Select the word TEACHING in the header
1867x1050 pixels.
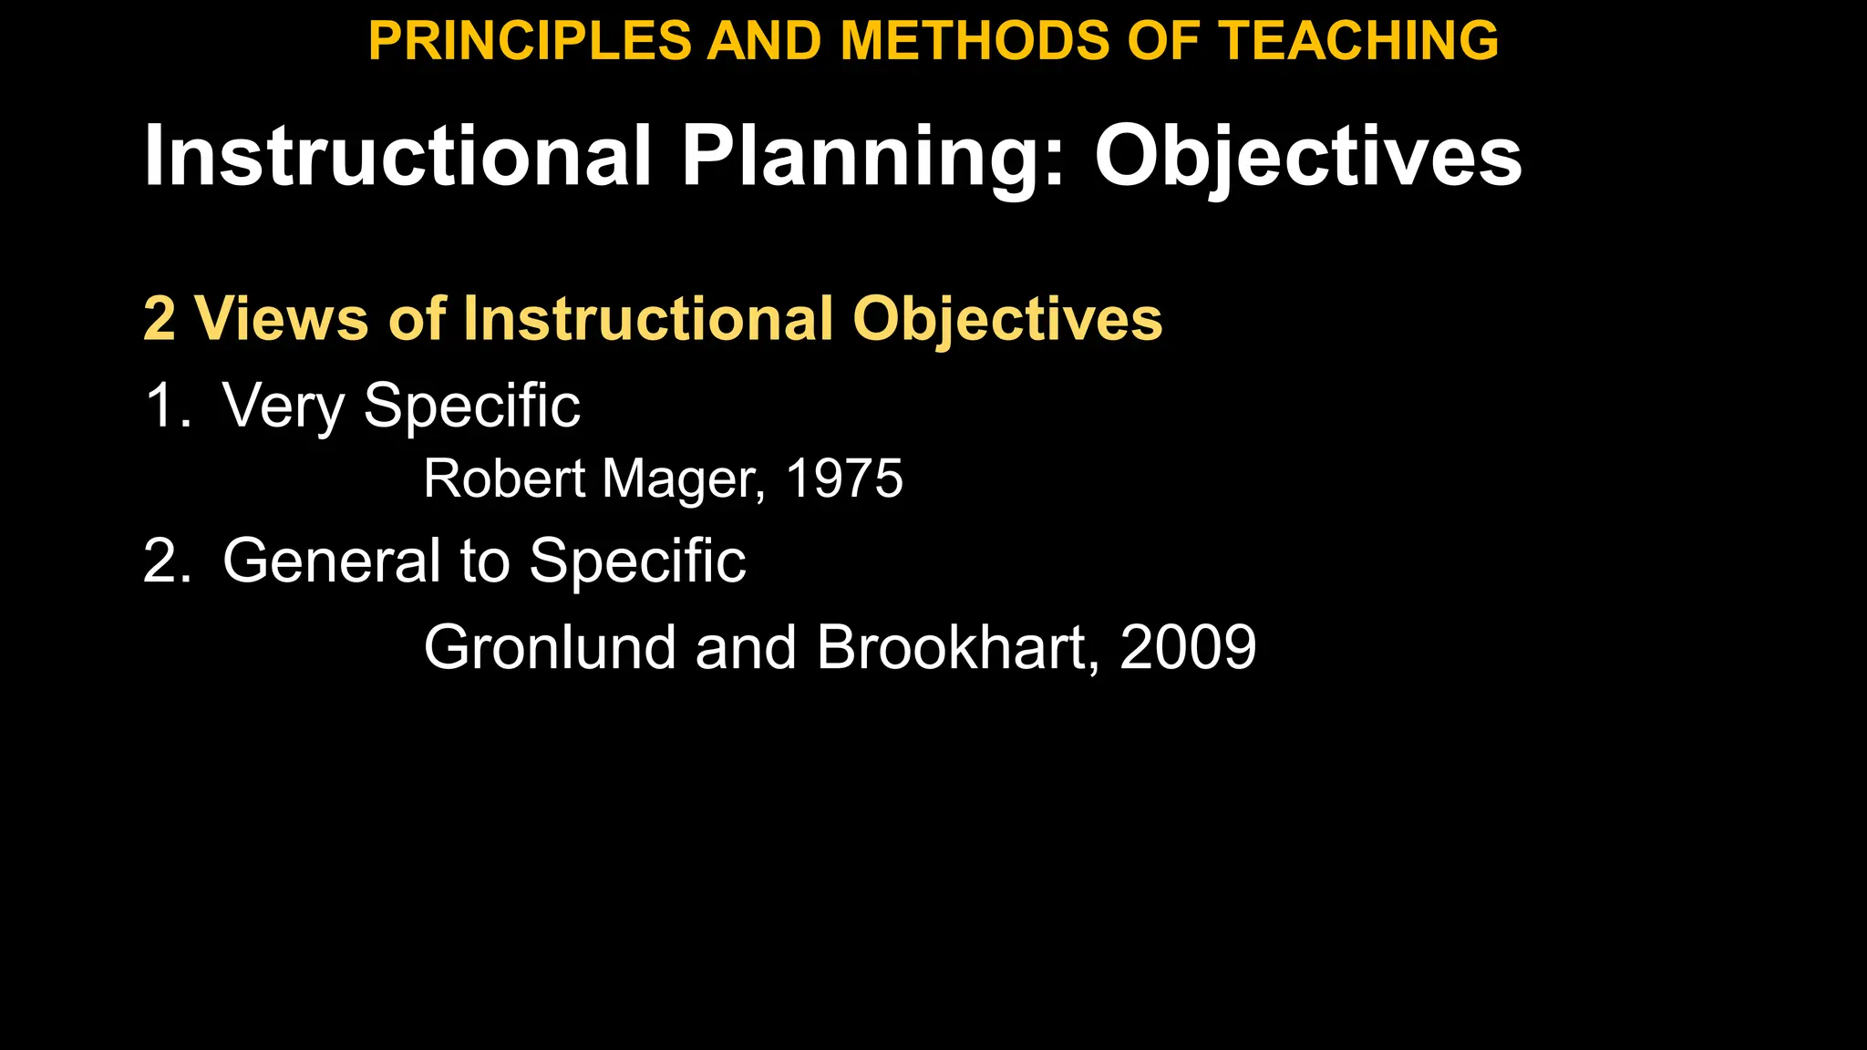pos(1358,41)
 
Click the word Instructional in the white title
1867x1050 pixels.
pos(397,157)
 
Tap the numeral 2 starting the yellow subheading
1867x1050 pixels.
pos(160,319)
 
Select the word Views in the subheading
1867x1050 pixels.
pos(281,319)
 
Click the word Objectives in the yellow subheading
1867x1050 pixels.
pos(1007,319)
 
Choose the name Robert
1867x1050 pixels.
pos(504,479)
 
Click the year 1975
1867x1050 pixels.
pos(843,479)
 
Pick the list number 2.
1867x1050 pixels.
pos(166,561)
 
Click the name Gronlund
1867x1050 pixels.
pos(550,648)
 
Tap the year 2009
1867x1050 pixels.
pos(1188,648)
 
